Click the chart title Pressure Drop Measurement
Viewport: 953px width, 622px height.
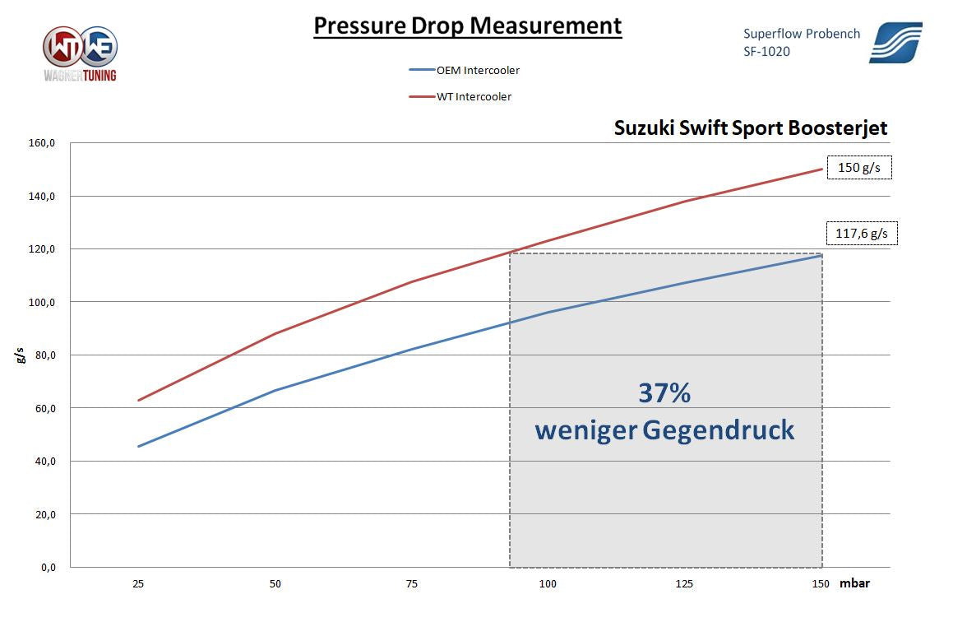click(x=467, y=26)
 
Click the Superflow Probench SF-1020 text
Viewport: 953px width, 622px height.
click(x=801, y=42)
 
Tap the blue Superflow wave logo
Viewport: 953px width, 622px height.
click(x=895, y=43)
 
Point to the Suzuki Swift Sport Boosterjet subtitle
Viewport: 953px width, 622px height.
click(x=751, y=128)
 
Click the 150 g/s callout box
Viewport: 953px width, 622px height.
click(x=859, y=168)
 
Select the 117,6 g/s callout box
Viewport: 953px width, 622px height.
click(x=861, y=234)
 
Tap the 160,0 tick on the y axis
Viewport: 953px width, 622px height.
click(x=42, y=143)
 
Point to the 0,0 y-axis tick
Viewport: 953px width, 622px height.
click(x=47, y=567)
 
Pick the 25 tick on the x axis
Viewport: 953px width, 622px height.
click(x=138, y=583)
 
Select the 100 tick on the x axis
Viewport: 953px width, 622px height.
click(x=548, y=583)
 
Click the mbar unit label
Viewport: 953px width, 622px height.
click(x=854, y=583)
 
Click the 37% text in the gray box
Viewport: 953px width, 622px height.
click(x=664, y=393)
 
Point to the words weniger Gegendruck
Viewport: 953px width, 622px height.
click(x=664, y=429)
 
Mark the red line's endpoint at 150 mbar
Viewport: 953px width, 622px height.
click(x=821, y=169)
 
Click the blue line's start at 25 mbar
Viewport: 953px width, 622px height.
click(x=138, y=447)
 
